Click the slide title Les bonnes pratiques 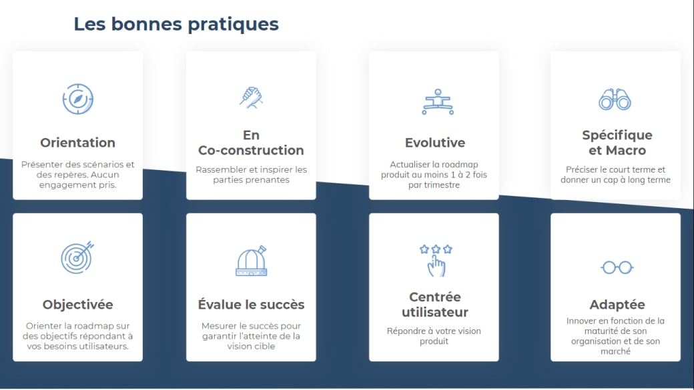tap(176, 24)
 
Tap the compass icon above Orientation tap(77, 99)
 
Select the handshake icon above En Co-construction tap(251, 97)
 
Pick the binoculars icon tap(615, 100)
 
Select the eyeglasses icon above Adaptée tap(617, 267)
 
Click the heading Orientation tap(77, 143)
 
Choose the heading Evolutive tap(435, 143)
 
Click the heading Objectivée tap(77, 305)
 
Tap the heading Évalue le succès tap(251, 305)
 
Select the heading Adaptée tap(617, 305)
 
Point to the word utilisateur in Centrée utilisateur tap(435, 313)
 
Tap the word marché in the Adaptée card tap(615, 351)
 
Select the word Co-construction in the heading tap(251, 151)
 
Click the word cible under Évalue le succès tap(262, 347)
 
